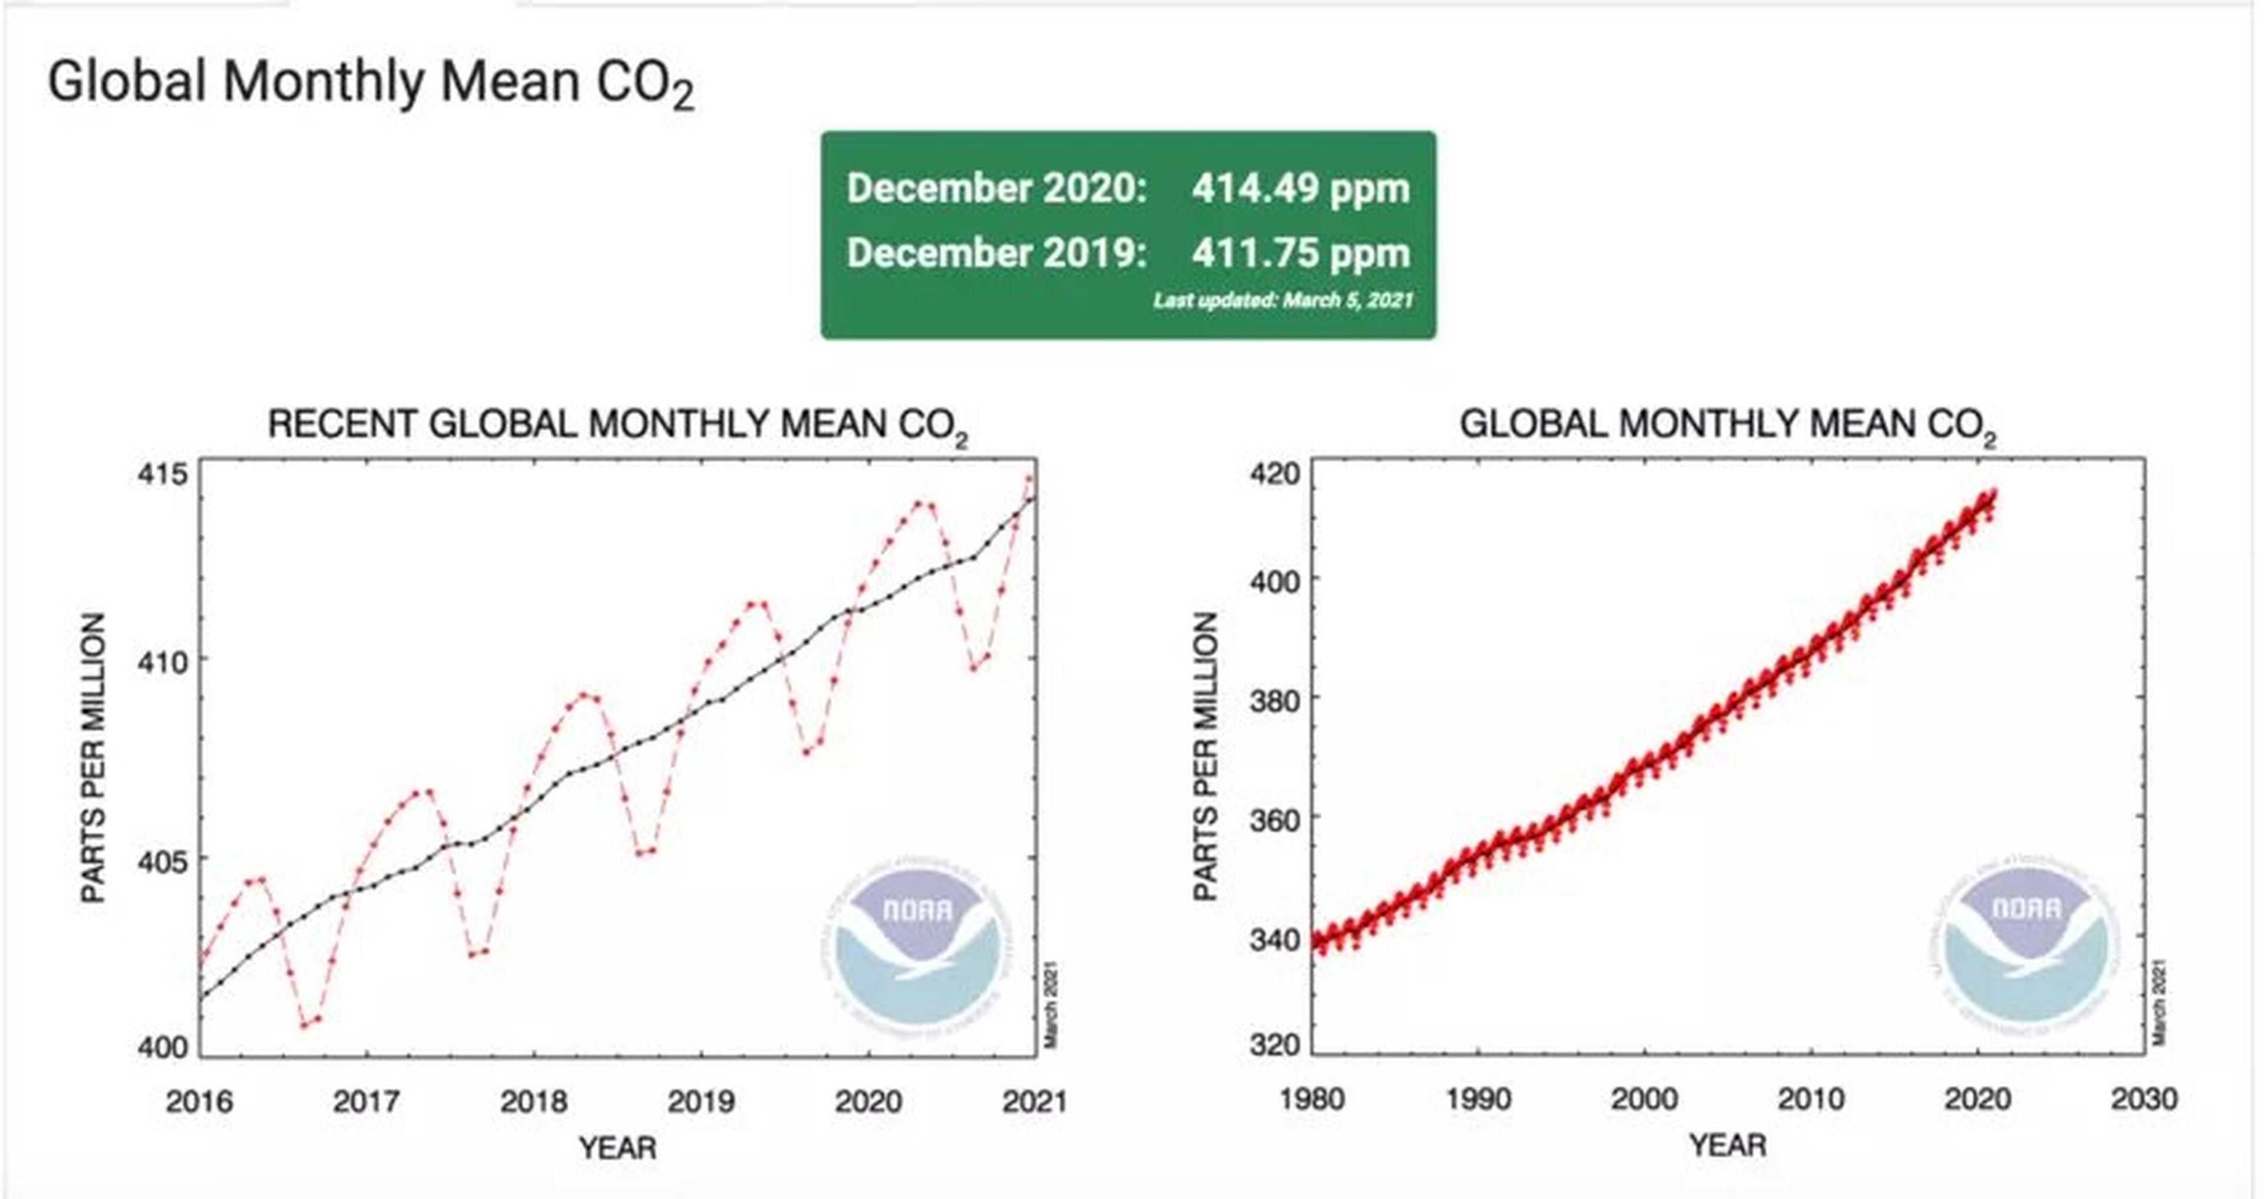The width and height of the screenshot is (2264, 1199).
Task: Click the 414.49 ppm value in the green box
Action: coord(1300,188)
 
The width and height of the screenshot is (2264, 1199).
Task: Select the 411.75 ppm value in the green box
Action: coord(1300,253)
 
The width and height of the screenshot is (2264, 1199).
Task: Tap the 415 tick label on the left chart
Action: coord(163,475)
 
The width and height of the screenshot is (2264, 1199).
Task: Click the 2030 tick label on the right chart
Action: coord(2144,1099)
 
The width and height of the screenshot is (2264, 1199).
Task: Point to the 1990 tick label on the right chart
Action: coord(1479,1099)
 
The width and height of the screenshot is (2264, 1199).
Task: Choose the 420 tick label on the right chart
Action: coord(1274,475)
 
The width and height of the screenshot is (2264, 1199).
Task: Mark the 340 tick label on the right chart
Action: coord(1274,940)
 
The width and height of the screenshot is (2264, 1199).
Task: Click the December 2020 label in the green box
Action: coord(996,188)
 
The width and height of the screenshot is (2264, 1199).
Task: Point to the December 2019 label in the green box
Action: coord(996,253)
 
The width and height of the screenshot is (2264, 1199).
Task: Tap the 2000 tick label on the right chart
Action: coord(1644,1099)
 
